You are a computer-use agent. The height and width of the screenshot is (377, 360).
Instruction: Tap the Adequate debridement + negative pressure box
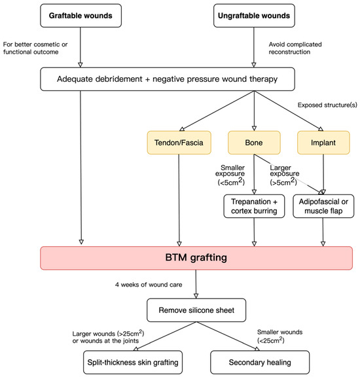(166, 79)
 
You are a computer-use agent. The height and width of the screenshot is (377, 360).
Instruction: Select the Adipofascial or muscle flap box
(323, 206)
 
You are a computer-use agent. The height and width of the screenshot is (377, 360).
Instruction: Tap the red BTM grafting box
(196, 258)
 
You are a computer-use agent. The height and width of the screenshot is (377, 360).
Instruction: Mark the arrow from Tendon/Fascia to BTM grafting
(179, 196)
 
